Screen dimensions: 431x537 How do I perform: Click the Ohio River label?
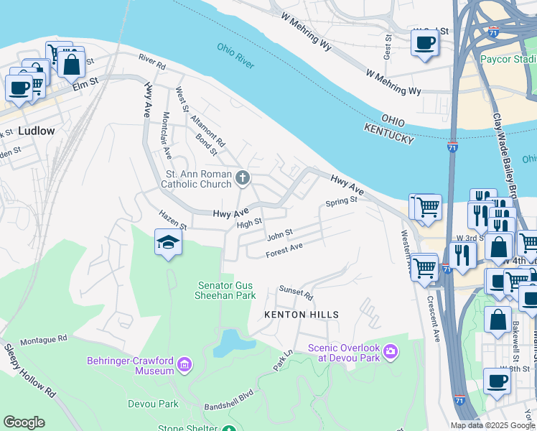click(235, 55)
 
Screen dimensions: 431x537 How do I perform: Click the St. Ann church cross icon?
click(243, 177)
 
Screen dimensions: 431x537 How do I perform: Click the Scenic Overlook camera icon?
click(391, 351)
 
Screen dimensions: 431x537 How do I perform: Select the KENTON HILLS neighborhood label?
click(301, 315)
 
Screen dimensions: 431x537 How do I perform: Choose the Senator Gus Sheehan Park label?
click(226, 289)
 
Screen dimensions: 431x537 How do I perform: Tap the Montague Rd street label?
click(43, 339)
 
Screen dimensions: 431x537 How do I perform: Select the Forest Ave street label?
click(284, 250)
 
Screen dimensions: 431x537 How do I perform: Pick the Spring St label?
click(341, 202)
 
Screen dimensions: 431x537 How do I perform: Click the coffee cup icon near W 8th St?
click(496, 382)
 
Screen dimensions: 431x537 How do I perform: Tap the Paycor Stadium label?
click(508, 59)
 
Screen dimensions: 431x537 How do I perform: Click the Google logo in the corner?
click(24, 422)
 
